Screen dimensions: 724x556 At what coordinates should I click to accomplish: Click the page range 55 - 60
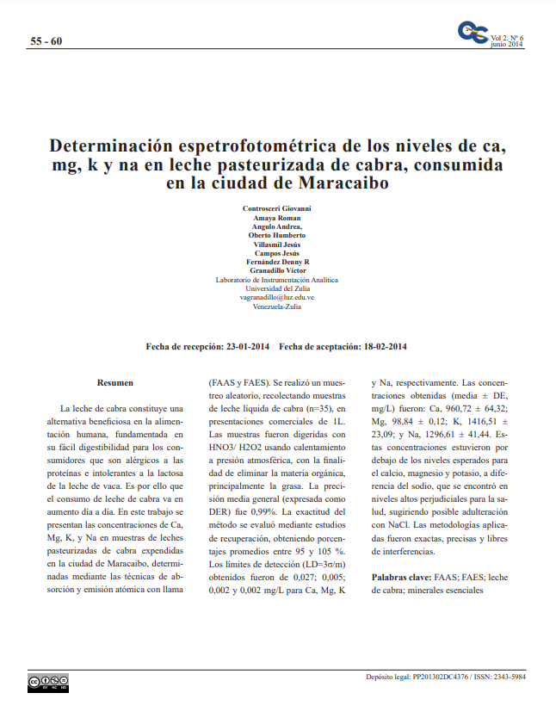click(x=46, y=41)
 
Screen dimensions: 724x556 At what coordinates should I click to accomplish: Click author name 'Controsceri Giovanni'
click(x=277, y=209)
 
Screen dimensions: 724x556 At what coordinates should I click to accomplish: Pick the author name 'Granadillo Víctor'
click(x=277, y=270)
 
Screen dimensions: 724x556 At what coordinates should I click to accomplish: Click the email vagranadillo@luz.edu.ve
click(x=277, y=297)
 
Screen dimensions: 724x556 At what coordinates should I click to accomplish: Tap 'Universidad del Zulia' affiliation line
click(x=277, y=288)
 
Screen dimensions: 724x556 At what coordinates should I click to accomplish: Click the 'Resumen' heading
click(x=114, y=382)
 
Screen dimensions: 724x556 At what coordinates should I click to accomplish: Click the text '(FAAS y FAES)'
click(x=238, y=381)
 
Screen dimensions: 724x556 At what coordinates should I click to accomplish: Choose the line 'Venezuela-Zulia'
click(x=277, y=306)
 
